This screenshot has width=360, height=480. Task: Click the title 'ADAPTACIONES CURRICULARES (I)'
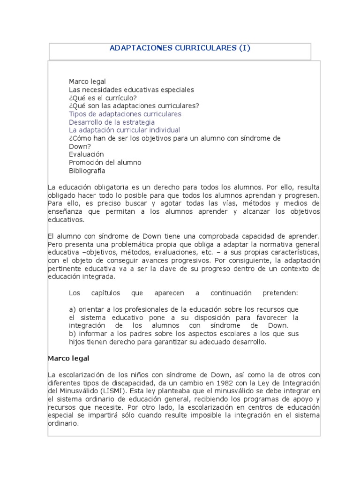tap(180, 48)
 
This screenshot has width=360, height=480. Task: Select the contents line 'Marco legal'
tap(88, 82)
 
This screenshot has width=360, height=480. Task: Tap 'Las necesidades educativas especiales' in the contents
tap(125, 90)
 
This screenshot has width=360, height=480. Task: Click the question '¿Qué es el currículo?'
tap(103, 97)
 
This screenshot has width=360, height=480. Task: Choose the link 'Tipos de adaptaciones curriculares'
tap(125, 114)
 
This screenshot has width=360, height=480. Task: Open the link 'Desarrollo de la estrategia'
tap(112, 122)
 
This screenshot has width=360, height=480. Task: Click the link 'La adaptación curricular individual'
tap(125, 130)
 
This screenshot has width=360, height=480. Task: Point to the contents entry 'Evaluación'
tap(86, 154)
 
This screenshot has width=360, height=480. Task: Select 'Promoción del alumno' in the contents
tap(105, 163)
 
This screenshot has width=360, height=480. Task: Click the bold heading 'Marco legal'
tap(68, 358)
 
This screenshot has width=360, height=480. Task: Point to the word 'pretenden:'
tap(280, 293)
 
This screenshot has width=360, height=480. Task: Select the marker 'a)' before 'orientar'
tap(72, 309)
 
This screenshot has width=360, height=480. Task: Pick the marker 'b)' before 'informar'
tap(72, 334)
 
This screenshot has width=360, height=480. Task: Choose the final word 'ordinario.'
tap(64, 423)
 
